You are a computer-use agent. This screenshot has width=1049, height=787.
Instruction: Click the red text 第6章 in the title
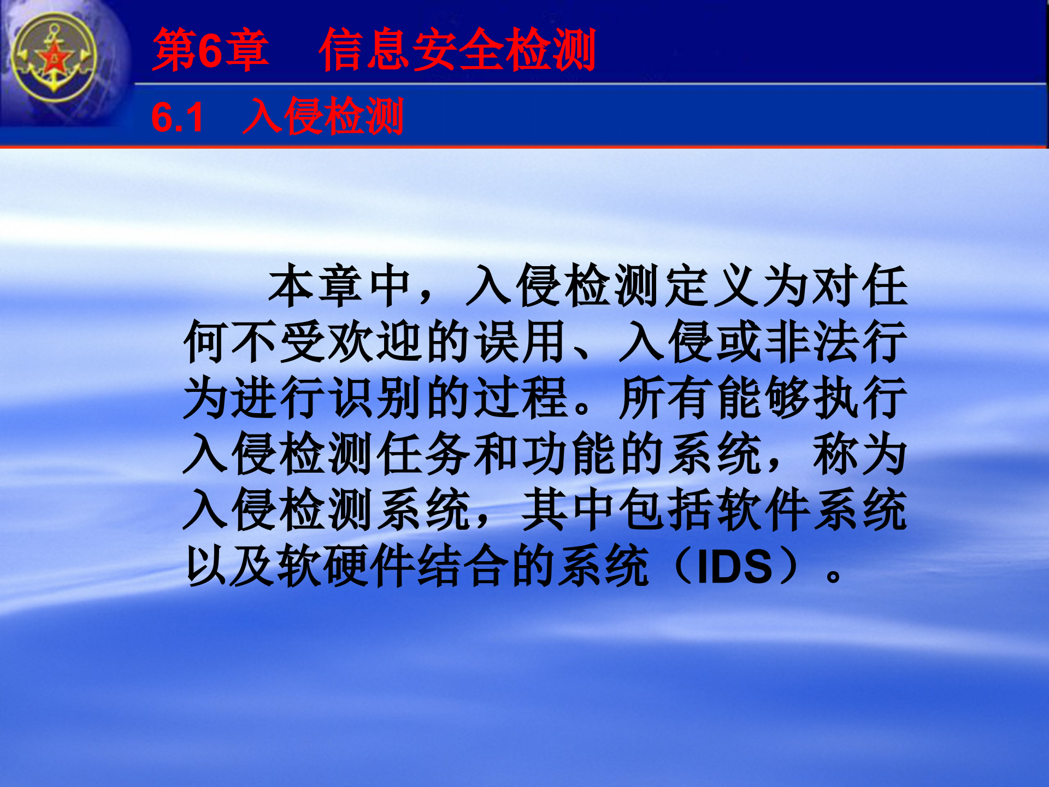211,50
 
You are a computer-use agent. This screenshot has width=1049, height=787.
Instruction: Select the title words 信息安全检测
457,50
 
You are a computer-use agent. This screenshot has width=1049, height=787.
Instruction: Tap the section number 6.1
178,118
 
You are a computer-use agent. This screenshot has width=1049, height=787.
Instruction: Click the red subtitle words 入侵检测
323,116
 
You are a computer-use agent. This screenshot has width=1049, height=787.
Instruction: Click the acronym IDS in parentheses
735,567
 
